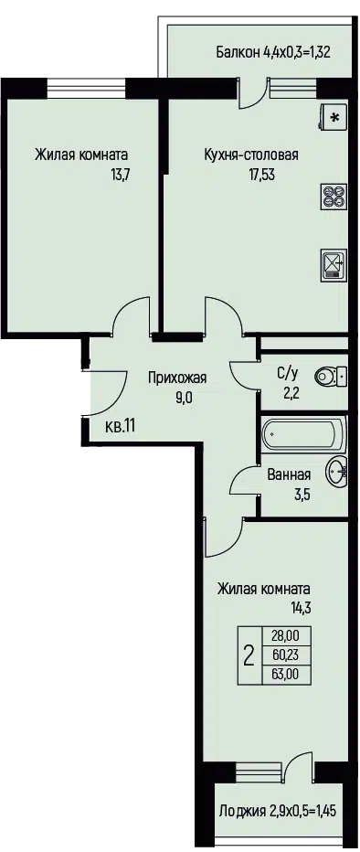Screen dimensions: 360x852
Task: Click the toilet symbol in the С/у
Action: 331,375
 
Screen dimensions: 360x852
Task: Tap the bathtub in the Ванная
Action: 303,435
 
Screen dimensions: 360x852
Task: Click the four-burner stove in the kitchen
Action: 334,196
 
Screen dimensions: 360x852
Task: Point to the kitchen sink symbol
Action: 334,264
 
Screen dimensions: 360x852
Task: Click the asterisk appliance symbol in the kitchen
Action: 334,116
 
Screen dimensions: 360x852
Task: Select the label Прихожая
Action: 177,378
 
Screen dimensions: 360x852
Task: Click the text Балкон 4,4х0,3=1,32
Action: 274,53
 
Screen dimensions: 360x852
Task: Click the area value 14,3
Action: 300,608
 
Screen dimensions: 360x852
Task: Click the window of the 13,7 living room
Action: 86,89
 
